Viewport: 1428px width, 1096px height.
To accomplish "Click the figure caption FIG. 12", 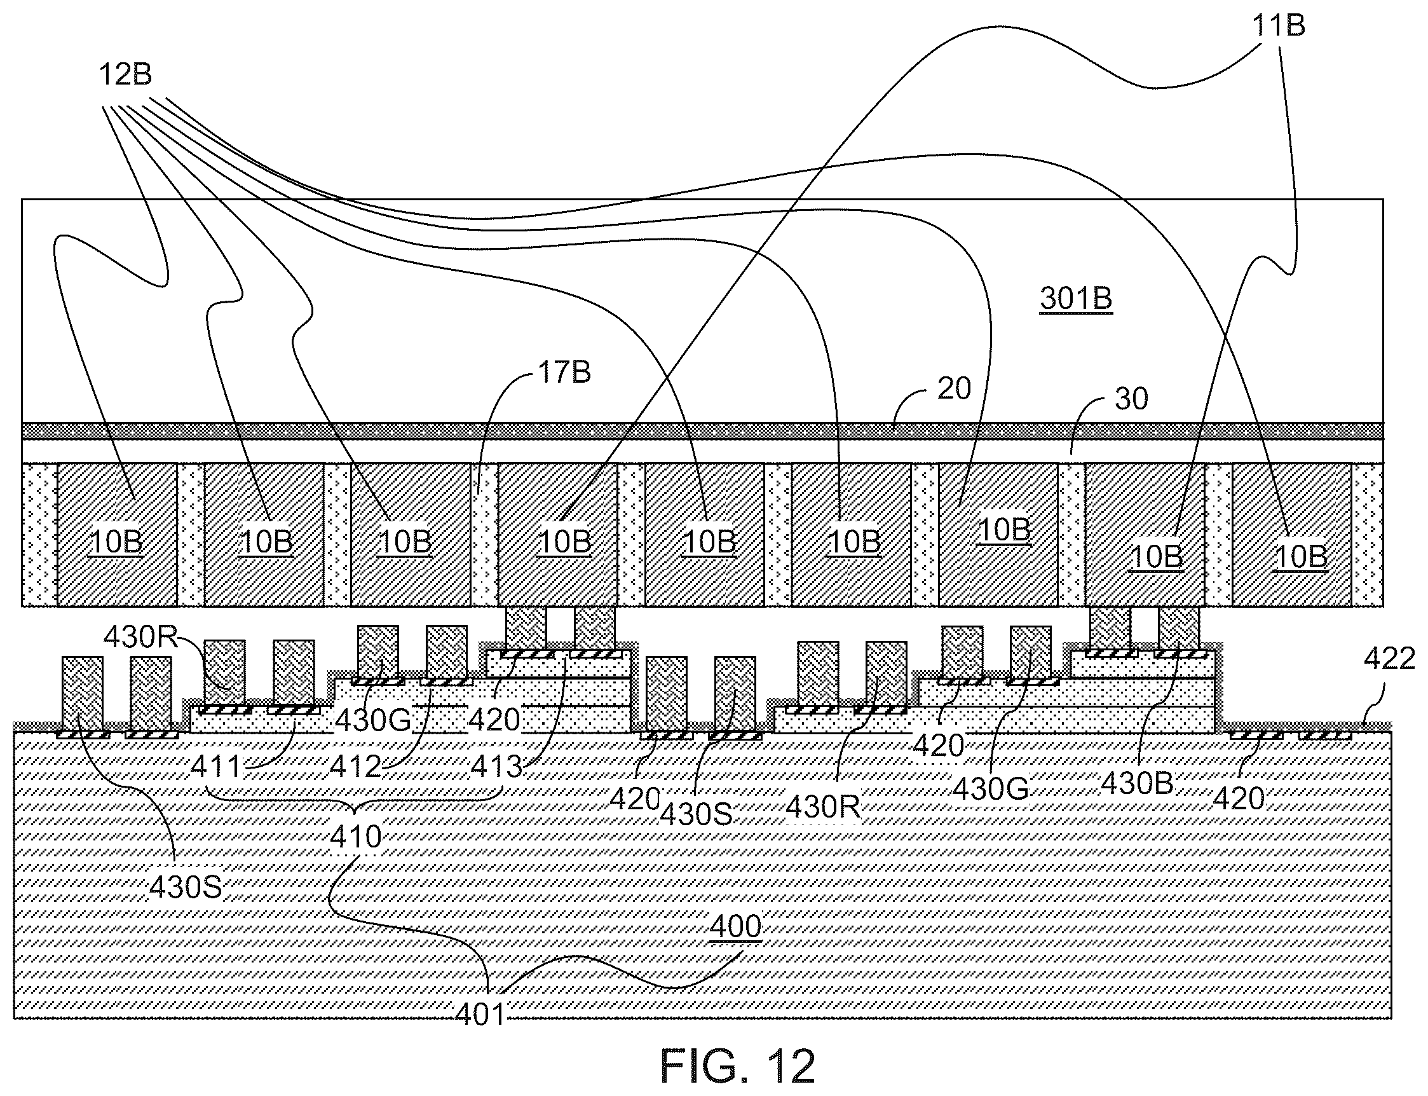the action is [737, 1066].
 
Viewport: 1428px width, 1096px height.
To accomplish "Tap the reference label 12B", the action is [125, 74].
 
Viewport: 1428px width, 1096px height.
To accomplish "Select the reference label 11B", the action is [1278, 26].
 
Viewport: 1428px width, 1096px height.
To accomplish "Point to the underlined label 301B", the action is [1076, 299].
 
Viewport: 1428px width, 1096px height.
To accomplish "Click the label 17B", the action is [565, 373].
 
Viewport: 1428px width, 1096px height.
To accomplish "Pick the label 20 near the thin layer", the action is [954, 389].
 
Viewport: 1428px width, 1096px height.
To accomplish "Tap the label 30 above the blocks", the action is [1131, 399].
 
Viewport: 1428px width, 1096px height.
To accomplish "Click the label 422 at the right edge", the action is [1389, 659].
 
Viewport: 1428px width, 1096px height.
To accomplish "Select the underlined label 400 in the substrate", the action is [735, 926].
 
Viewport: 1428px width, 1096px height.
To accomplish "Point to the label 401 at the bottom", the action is [480, 1015].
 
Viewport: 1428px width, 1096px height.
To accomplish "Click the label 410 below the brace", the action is [355, 837].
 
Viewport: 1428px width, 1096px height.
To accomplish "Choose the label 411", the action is [217, 767].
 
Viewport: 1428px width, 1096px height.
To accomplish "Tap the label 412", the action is [355, 767].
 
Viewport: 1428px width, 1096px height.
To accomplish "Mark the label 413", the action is [497, 767].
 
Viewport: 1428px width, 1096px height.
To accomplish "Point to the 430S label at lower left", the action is [186, 887].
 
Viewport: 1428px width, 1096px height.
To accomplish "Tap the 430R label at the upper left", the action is [141, 636].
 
